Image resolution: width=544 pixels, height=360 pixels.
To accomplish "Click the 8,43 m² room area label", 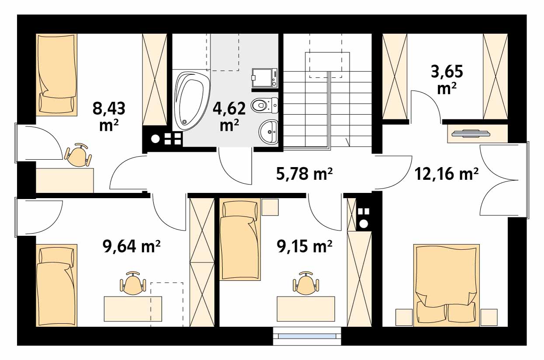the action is click(x=109, y=117).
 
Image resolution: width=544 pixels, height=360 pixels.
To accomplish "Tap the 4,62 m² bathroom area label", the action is click(x=229, y=117).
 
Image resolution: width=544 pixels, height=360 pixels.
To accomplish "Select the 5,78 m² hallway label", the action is click(x=304, y=174).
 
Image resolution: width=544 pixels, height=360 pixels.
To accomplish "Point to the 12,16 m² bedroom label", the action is click(x=447, y=174).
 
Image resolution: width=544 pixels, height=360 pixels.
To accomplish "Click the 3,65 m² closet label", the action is click(x=447, y=80).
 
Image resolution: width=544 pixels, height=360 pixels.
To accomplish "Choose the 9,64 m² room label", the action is click(x=132, y=246).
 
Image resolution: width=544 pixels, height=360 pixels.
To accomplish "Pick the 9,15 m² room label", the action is click(x=304, y=246).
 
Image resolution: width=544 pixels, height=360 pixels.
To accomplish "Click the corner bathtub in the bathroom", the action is click(x=192, y=100).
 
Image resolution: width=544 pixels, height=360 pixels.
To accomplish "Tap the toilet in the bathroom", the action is click(x=265, y=105).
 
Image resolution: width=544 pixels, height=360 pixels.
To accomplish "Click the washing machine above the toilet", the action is click(x=265, y=78).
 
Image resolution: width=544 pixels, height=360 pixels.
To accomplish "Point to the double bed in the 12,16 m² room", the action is click(x=447, y=285).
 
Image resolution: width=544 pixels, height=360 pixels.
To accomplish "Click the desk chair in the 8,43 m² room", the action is click(x=78, y=155).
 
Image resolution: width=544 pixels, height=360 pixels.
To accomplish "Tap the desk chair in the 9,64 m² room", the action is click(x=133, y=283).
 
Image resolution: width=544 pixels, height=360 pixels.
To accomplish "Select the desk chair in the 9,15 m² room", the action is click(x=306, y=283).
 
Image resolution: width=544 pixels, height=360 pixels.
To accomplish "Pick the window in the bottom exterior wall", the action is click(x=307, y=336).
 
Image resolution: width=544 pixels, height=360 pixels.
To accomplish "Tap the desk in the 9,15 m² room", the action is click(x=306, y=309).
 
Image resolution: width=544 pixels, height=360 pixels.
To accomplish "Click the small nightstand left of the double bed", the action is click(x=404, y=317).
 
